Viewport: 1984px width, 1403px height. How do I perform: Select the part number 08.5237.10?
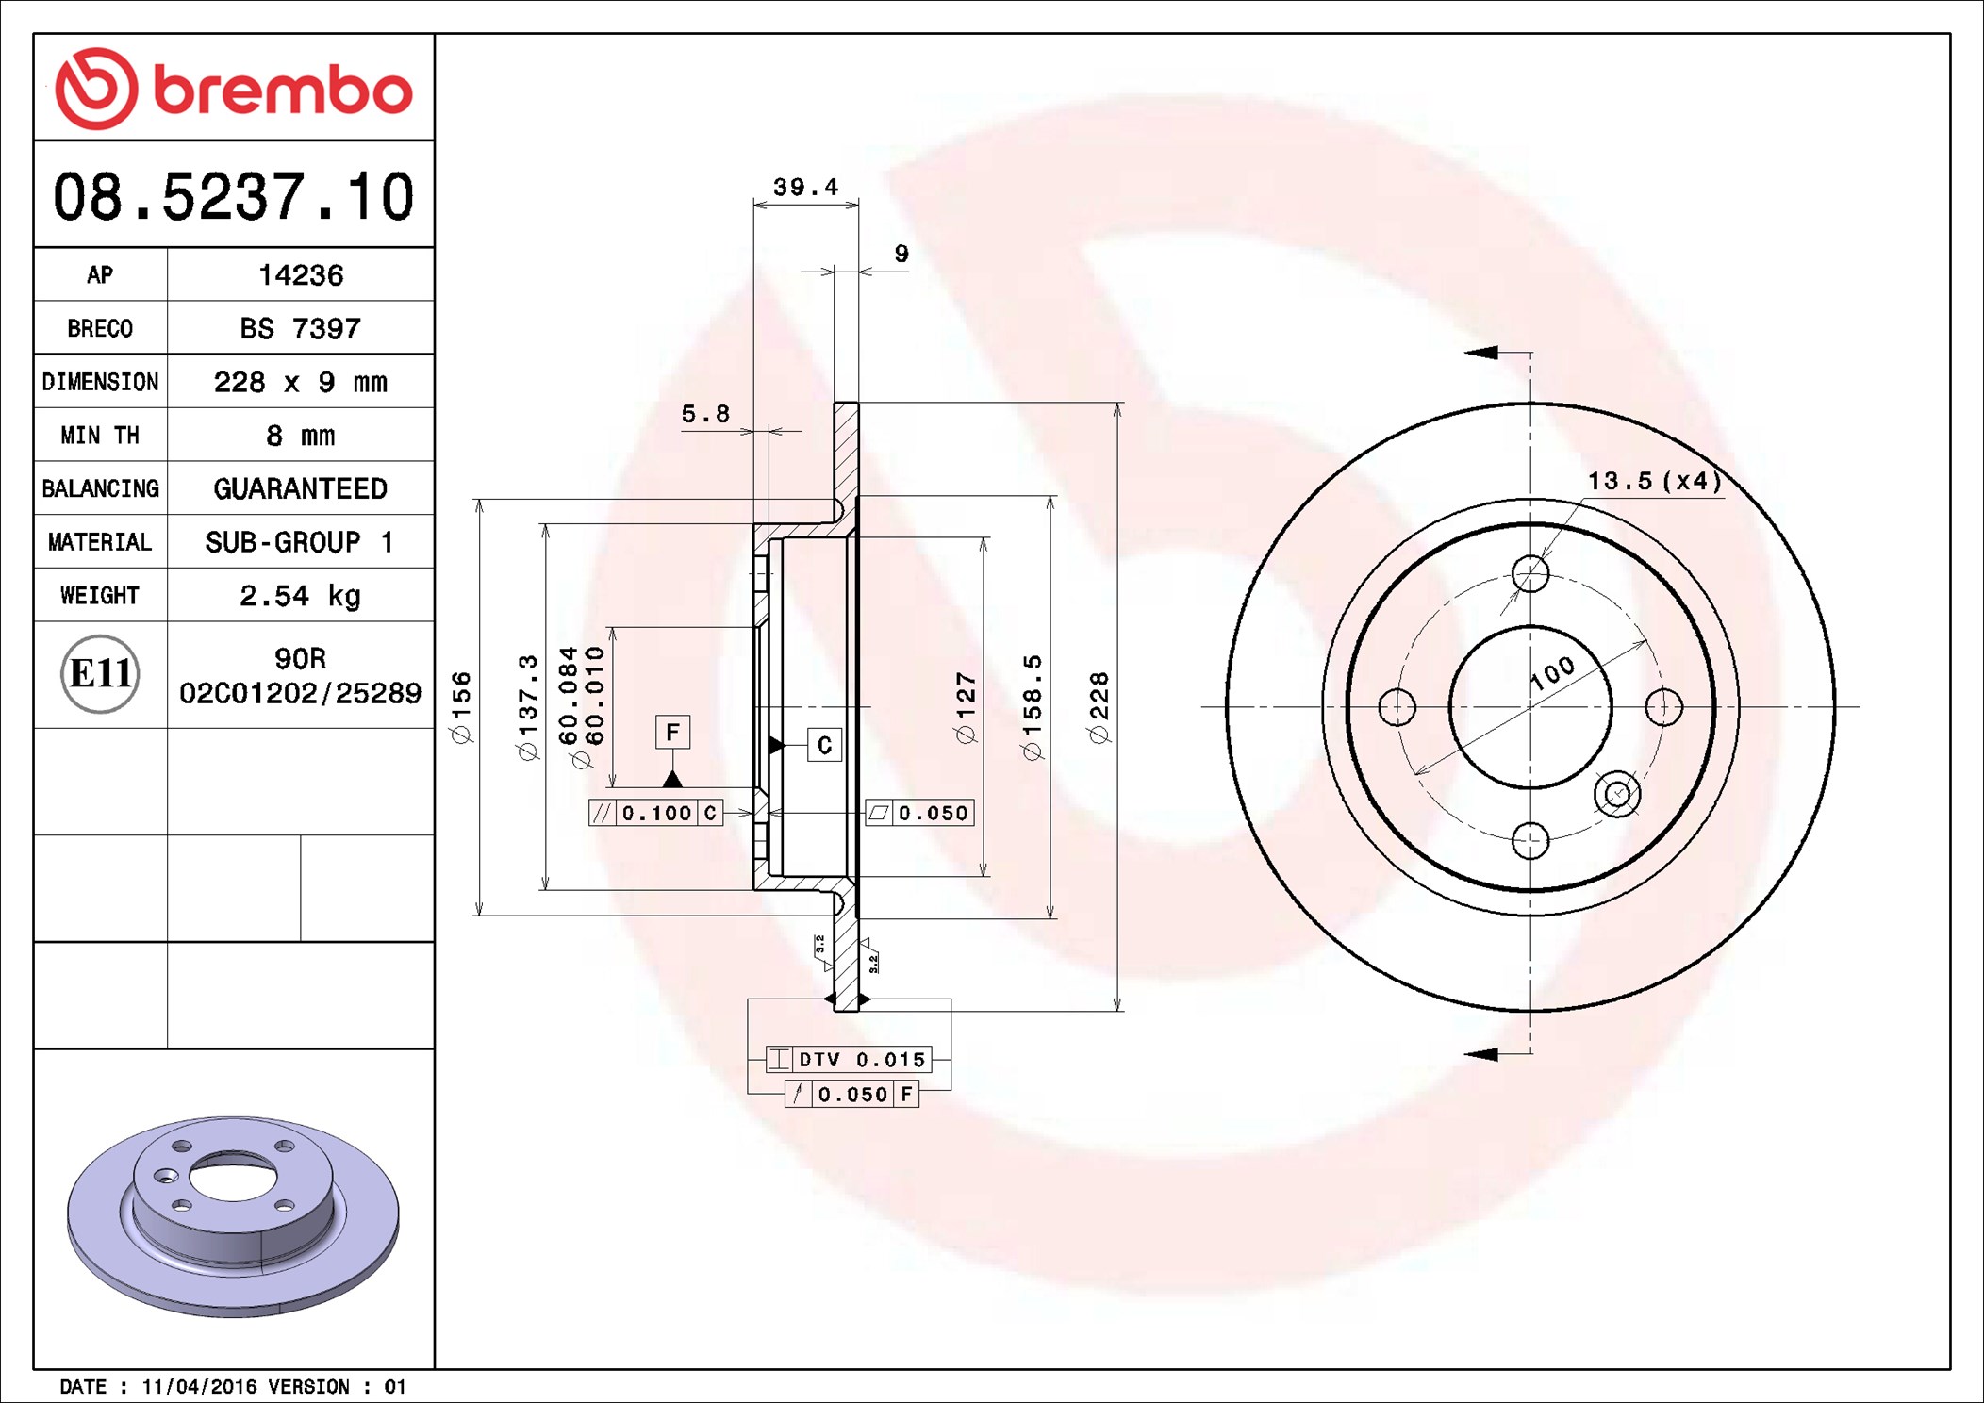[x=234, y=197]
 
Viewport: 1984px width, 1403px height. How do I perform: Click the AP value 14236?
[x=301, y=275]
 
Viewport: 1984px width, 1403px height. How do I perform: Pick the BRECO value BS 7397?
[x=301, y=329]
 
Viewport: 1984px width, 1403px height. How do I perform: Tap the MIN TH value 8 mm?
[x=301, y=436]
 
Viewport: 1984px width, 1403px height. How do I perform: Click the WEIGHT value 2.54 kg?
[x=301, y=596]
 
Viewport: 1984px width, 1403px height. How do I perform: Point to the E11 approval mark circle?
[x=100, y=673]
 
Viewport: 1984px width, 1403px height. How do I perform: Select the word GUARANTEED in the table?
[x=301, y=488]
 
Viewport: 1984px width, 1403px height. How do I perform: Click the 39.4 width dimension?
[x=805, y=187]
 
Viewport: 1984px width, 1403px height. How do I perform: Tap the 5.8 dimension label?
[x=705, y=414]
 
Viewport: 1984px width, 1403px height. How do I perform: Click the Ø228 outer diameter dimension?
[x=1099, y=707]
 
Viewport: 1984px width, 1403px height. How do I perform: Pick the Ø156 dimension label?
[x=461, y=707]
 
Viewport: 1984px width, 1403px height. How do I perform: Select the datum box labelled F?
[x=672, y=732]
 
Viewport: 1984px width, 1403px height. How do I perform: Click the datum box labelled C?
[x=824, y=745]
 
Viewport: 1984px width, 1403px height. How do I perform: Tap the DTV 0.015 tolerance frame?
[x=849, y=1059]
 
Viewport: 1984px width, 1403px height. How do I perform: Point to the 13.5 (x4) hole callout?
[x=1654, y=481]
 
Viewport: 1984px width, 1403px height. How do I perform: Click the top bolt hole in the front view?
[x=1530, y=573]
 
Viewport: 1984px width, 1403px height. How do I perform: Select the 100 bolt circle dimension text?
[x=1552, y=672]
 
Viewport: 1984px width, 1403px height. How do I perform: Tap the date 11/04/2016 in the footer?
[x=199, y=1386]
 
